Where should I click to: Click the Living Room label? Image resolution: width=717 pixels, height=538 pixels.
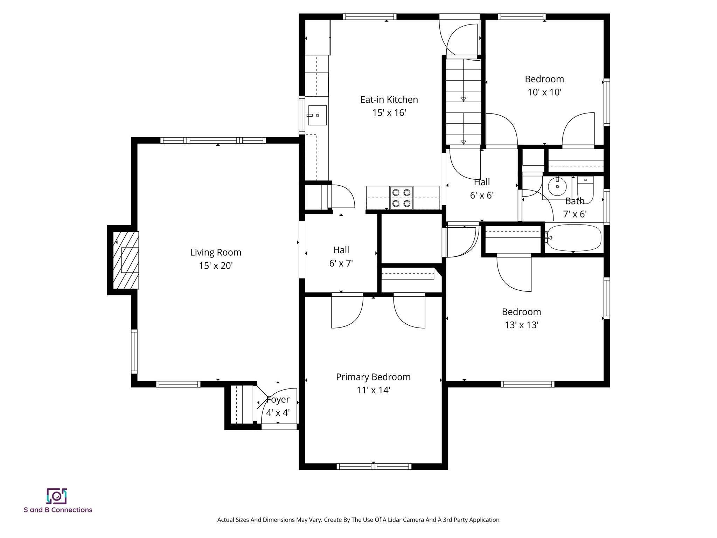(216, 252)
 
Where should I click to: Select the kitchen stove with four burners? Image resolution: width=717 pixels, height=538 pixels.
(401, 198)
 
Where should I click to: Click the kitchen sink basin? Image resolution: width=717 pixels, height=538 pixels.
(317, 115)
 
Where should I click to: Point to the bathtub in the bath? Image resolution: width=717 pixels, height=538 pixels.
(574, 238)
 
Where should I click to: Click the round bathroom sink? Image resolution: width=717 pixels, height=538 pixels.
(557, 187)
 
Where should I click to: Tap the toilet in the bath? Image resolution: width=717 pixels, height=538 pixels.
(585, 189)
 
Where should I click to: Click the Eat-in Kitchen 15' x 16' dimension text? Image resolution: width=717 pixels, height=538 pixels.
(389, 113)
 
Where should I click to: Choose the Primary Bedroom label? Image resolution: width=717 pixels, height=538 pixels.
(373, 377)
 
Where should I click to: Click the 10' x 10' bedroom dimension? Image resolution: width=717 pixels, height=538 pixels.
(544, 92)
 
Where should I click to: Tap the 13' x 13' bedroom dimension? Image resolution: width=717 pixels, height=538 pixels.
(521, 325)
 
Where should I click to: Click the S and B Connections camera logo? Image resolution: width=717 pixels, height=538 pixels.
(57, 496)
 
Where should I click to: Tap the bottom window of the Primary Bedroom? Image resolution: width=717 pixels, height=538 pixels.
(374, 466)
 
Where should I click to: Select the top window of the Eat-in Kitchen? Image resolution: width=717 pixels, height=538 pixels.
(369, 16)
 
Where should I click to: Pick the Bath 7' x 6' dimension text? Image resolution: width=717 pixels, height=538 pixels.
(575, 214)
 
